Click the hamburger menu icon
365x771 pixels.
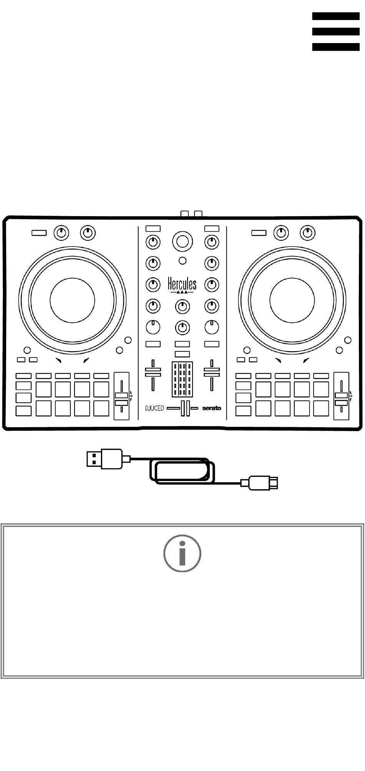click(335, 32)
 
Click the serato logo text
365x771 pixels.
click(212, 408)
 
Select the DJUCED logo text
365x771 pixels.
click(154, 408)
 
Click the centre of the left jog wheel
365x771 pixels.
click(72, 300)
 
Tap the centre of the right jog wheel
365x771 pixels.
click(292, 300)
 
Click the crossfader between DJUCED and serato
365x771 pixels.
click(183, 408)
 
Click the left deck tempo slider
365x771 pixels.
click(121, 396)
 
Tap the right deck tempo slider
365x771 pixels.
click(341, 396)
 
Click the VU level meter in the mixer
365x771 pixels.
click(182, 380)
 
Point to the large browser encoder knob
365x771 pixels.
click(182, 241)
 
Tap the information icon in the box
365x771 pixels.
click(182, 553)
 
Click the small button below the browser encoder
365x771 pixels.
click(183, 261)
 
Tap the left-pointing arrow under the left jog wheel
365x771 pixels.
click(58, 360)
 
